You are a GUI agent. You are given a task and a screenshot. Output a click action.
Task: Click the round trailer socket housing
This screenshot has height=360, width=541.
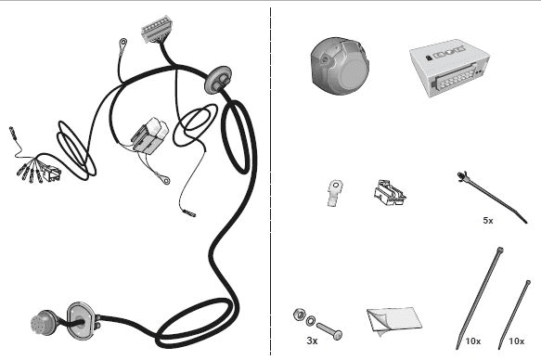(x=340, y=67)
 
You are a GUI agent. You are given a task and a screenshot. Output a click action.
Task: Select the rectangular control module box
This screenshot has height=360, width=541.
(x=450, y=68)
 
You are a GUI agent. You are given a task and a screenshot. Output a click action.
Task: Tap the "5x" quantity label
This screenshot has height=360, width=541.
(x=488, y=221)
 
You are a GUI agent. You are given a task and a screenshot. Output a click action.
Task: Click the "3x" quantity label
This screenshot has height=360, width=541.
(x=312, y=341)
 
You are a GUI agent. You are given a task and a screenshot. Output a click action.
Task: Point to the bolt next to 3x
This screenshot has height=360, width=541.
(x=329, y=331)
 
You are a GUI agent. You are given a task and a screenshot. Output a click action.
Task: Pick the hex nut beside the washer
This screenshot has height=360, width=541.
(x=299, y=315)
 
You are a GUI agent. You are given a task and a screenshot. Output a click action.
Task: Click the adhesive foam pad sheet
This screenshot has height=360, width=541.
(x=394, y=321)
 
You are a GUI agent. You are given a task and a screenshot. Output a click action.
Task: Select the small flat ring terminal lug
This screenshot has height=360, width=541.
(x=334, y=193)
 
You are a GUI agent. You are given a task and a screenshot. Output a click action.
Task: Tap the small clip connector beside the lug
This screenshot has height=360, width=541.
(x=390, y=193)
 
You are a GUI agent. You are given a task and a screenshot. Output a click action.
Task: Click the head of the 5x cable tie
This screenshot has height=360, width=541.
(x=462, y=176)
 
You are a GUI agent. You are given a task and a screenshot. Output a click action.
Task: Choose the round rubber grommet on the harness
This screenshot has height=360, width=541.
(x=218, y=80)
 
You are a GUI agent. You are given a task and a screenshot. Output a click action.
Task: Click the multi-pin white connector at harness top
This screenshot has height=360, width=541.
(x=157, y=30)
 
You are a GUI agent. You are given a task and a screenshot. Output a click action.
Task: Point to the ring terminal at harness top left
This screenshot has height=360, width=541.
(x=122, y=44)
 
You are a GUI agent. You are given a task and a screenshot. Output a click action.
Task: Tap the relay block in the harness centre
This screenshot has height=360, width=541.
(x=150, y=135)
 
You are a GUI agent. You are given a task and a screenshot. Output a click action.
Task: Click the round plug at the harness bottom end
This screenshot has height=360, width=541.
(x=43, y=323)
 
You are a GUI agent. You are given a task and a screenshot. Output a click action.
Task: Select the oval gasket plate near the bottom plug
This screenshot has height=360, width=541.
(x=81, y=320)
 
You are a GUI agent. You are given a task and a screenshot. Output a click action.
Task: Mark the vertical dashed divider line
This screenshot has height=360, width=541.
(x=271, y=181)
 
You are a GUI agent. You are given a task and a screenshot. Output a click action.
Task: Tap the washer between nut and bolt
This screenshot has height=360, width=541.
(x=311, y=321)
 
